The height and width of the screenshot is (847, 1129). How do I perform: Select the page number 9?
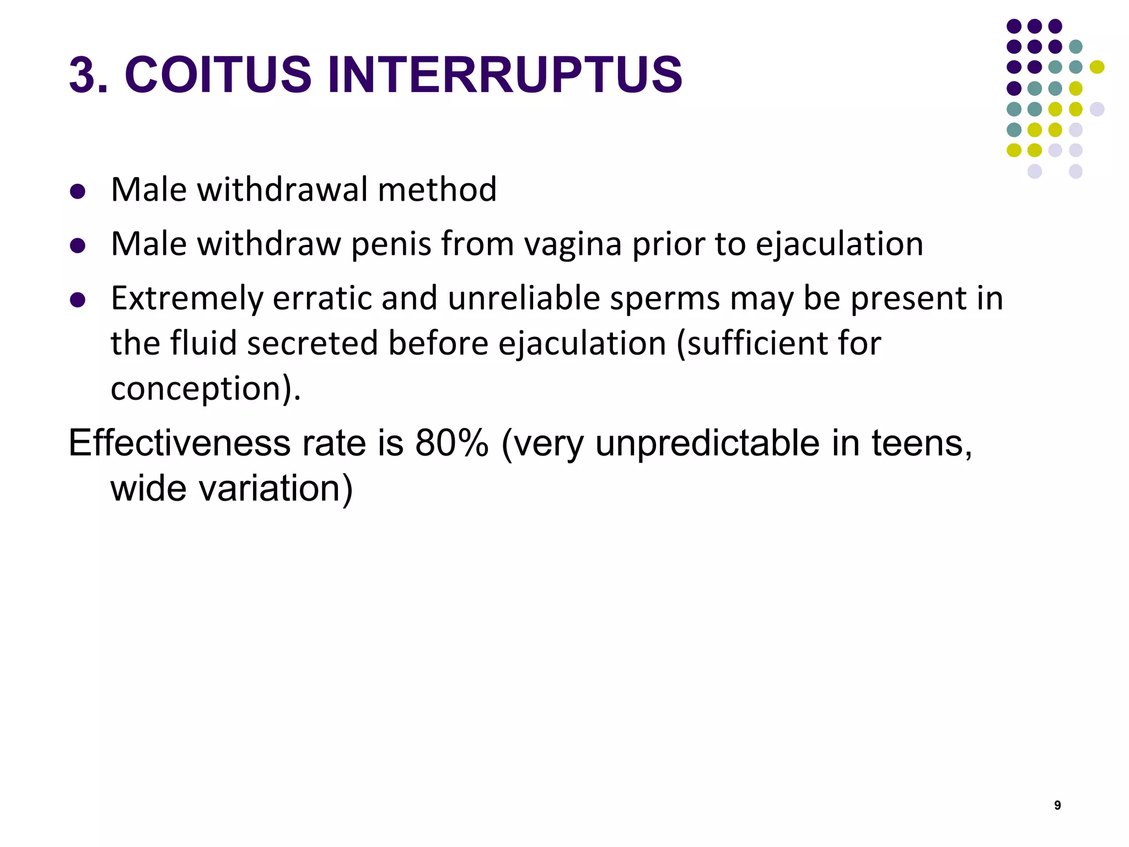coord(1057,806)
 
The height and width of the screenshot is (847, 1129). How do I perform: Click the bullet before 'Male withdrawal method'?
coord(78,191)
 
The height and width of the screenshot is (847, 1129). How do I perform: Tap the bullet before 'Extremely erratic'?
coord(78,300)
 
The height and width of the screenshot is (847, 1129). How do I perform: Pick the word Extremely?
coord(187,299)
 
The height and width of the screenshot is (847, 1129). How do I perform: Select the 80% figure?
coord(451,443)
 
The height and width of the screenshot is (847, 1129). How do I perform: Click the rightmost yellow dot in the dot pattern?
coord(1097,67)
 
